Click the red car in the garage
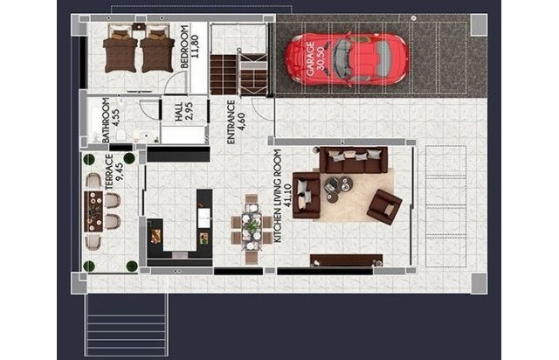tap(347, 59)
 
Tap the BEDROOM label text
tap(184, 46)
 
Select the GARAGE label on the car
tap(310, 59)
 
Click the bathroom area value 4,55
tap(116, 118)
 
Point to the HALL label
tap(178, 111)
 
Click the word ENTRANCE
tap(231, 122)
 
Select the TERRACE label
tap(109, 172)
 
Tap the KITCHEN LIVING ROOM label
tap(278, 196)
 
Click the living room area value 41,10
tap(287, 196)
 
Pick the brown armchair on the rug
tap(384, 206)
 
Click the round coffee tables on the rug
tap(338, 189)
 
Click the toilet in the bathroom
tap(121, 135)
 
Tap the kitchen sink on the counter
tap(204, 218)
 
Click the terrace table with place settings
tap(93, 211)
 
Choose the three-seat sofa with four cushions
tap(354, 160)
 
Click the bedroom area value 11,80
tap(194, 46)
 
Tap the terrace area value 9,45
tap(120, 172)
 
